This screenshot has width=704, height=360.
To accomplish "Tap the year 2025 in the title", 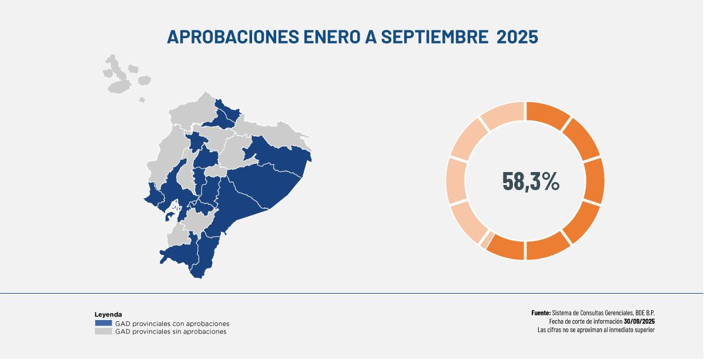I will (517, 36).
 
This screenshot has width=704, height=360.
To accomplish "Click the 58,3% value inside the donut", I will (531, 181).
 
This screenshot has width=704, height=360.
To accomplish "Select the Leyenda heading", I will (108, 315).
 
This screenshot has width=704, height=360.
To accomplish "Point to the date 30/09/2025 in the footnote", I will (639, 321).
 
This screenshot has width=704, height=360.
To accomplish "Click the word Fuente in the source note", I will (541, 313).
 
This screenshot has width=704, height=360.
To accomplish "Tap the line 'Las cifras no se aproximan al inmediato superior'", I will (596, 329).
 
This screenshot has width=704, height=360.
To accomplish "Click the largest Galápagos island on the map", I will (120, 83).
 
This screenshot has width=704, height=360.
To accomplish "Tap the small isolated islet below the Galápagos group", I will (142, 100).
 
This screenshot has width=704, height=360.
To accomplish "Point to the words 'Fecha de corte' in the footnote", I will (566, 321).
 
